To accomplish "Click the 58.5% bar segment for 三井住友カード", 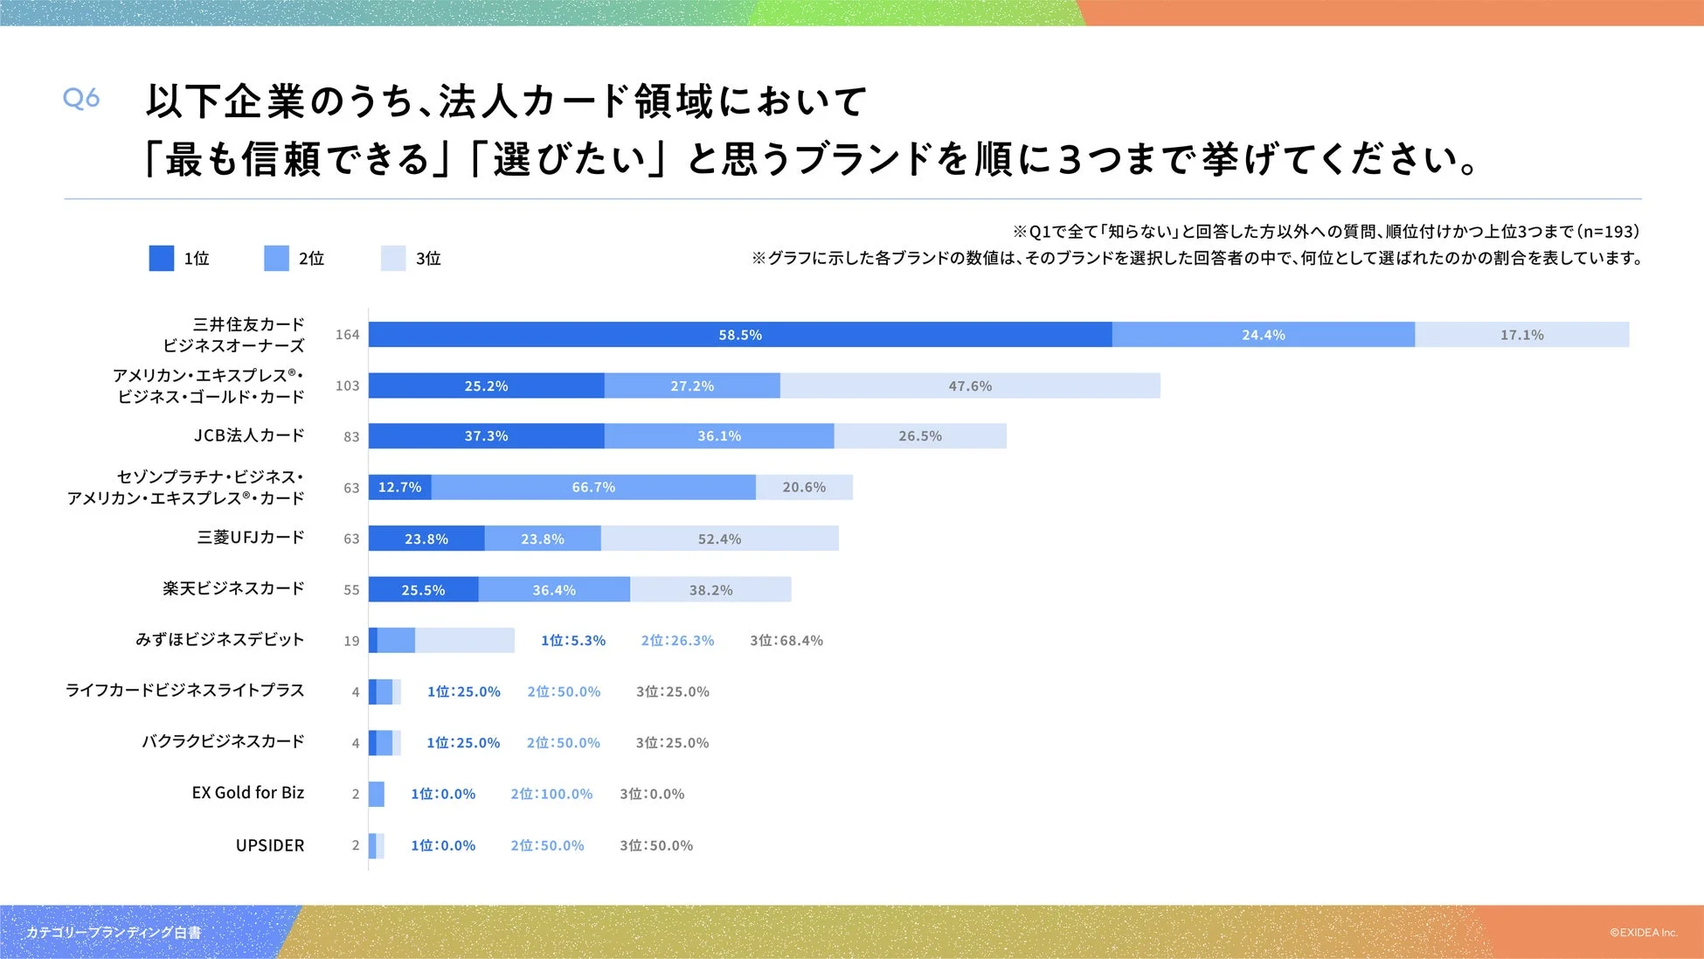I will (x=739, y=335).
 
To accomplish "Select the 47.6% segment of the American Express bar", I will (x=970, y=386).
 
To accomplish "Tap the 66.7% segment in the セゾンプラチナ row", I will (x=593, y=487).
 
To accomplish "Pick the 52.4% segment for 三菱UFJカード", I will (x=719, y=539).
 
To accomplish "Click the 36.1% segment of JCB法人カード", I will (x=718, y=436).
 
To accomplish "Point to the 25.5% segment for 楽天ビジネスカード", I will (x=423, y=590).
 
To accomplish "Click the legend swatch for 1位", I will (x=162, y=258).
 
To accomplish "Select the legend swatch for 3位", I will (x=393, y=258).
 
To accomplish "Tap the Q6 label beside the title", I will (x=81, y=98).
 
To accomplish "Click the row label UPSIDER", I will (x=270, y=845).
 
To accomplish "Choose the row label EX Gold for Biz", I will (x=248, y=793).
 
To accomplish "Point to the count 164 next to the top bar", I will (x=347, y=335).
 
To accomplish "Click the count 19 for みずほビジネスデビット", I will (x=351, y=641).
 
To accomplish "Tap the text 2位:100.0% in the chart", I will (x=551, y=794).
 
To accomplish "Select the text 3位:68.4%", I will (x=786, y=641).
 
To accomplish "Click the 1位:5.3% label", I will (x=573, y=641).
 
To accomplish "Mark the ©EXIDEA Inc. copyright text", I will (x=1644, y=933).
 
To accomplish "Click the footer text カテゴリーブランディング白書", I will (x=114, y=933).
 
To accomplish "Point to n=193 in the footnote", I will (x=1610, y=232).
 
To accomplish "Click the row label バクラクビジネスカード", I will (x=223, y=741).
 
